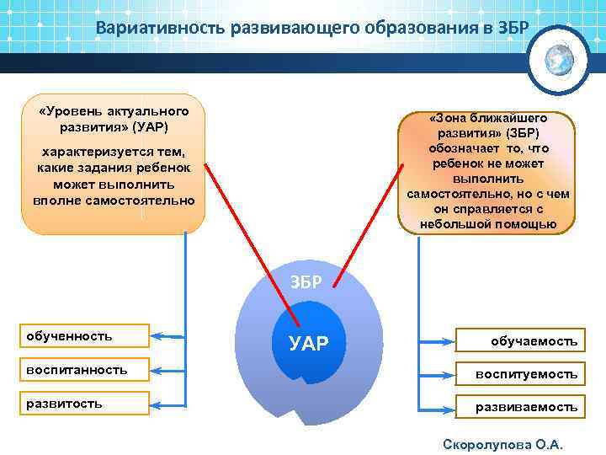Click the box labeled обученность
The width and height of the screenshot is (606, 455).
coord(87,336)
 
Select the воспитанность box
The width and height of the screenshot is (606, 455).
coord(87,370)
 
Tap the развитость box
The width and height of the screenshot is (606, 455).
coord(87,404)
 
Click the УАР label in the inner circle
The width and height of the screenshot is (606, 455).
coord(308,342)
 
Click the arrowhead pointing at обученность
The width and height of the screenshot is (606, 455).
coord(160,336)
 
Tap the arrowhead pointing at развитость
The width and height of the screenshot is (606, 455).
coord(160,404)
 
